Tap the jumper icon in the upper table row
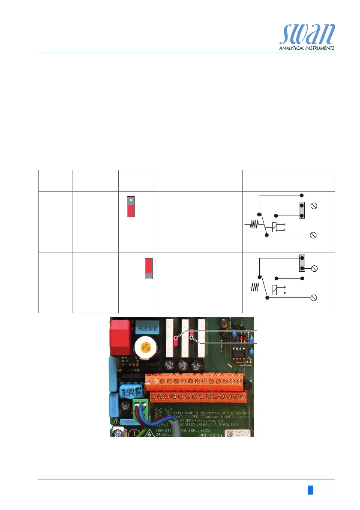(131, 207)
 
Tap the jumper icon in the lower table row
(149, 269)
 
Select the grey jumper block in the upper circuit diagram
(302, 210)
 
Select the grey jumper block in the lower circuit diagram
(302, 263)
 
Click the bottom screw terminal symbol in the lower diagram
(313, 298)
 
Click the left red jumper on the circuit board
(176, 341)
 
